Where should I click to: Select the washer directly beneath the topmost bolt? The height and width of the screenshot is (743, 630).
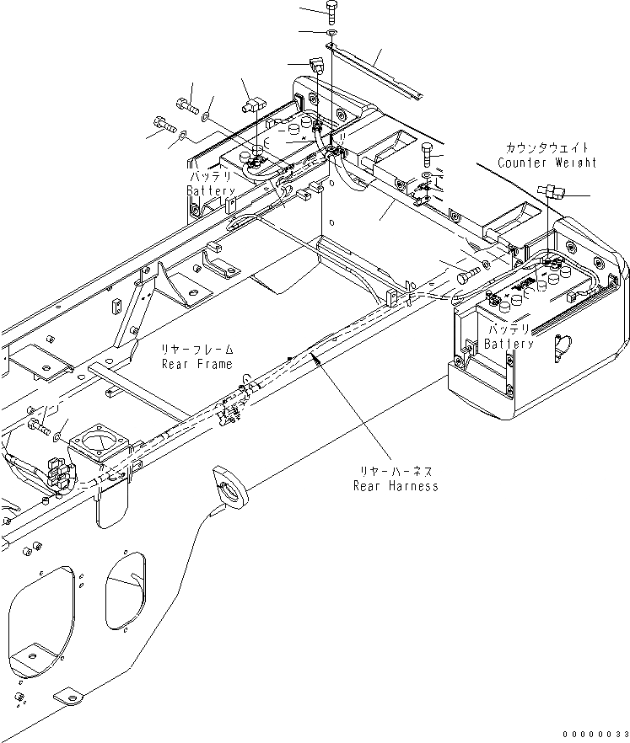pos(331,33)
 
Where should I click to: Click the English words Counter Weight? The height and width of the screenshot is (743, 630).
pos(547,163)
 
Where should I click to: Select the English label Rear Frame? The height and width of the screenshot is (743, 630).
pos(197,364)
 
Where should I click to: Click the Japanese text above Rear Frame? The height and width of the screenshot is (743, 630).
pos(197,350)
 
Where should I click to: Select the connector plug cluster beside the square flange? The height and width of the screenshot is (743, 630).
pos(57,473)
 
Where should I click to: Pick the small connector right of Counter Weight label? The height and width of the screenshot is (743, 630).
pos(554,191)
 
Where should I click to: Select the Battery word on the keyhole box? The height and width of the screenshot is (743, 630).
pos(509,344)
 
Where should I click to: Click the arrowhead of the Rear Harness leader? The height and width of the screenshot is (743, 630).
pos(314,357)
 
